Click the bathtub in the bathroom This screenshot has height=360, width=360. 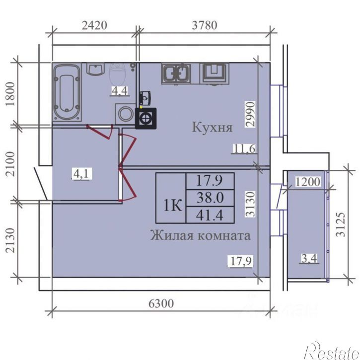tap(67, 92)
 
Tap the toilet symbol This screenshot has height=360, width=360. tap(117, 74)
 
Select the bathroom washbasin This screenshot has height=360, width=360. tap(95, 69)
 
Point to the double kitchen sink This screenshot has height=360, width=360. tap(176, 73)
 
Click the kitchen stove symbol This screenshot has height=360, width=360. tap(215, 73)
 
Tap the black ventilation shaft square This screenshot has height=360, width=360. tap(146, 119)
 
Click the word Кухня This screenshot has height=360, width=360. tap(212, 127)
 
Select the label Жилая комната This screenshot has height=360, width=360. tap(200, 235)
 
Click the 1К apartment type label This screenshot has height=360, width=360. tap(173, 205)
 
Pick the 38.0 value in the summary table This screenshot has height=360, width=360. tap(210, 198)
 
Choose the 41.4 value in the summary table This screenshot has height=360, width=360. tap(210, 216)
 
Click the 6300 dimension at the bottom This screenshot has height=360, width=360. tap(161, 303)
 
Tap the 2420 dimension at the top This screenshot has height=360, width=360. tap(94, 25)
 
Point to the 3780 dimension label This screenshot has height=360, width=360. tap(205, 25)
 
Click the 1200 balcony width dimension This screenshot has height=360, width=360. tap(307, 182)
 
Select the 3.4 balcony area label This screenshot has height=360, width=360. tap(309, 259)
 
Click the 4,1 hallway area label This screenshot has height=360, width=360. tap(81, 174)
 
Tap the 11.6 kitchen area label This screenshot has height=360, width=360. tap(244, 148)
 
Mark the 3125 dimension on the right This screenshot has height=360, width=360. tap(341, 224)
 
